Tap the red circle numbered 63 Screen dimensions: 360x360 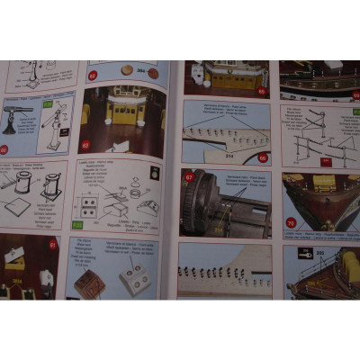coord(86,144)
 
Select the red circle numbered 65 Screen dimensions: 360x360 coord(262,90)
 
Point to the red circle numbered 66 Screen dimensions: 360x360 coord(263,157)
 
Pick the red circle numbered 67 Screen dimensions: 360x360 coord(190,177)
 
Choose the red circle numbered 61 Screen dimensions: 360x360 coord(53,243)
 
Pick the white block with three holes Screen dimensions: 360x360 coord(134,280)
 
